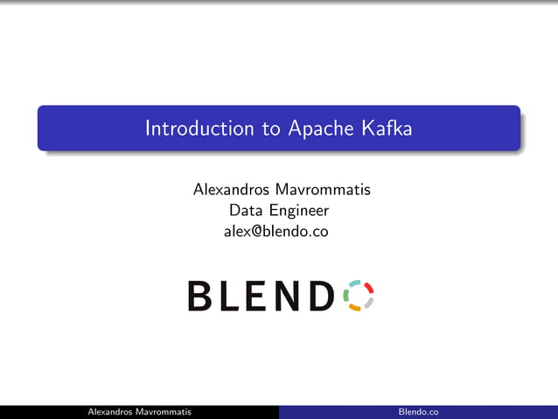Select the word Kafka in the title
(x=385, y=129)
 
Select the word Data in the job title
(x=246, y=210)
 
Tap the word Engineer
(x=299, y=211)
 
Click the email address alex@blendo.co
(x=278, y=232)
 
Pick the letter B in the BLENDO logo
(x=199, y=296)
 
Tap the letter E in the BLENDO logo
(x=259, y=296)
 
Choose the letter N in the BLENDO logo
(x=290, y=296)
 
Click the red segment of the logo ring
(x=369, y=287)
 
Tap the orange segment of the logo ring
(x=356, y=308)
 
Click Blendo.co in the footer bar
(x=418, y=412)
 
